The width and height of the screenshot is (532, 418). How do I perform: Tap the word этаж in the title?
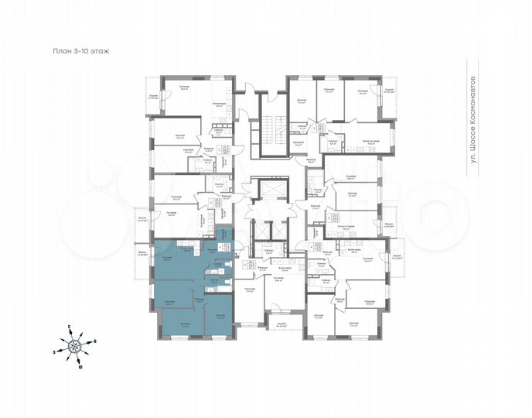click(101, 52)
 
